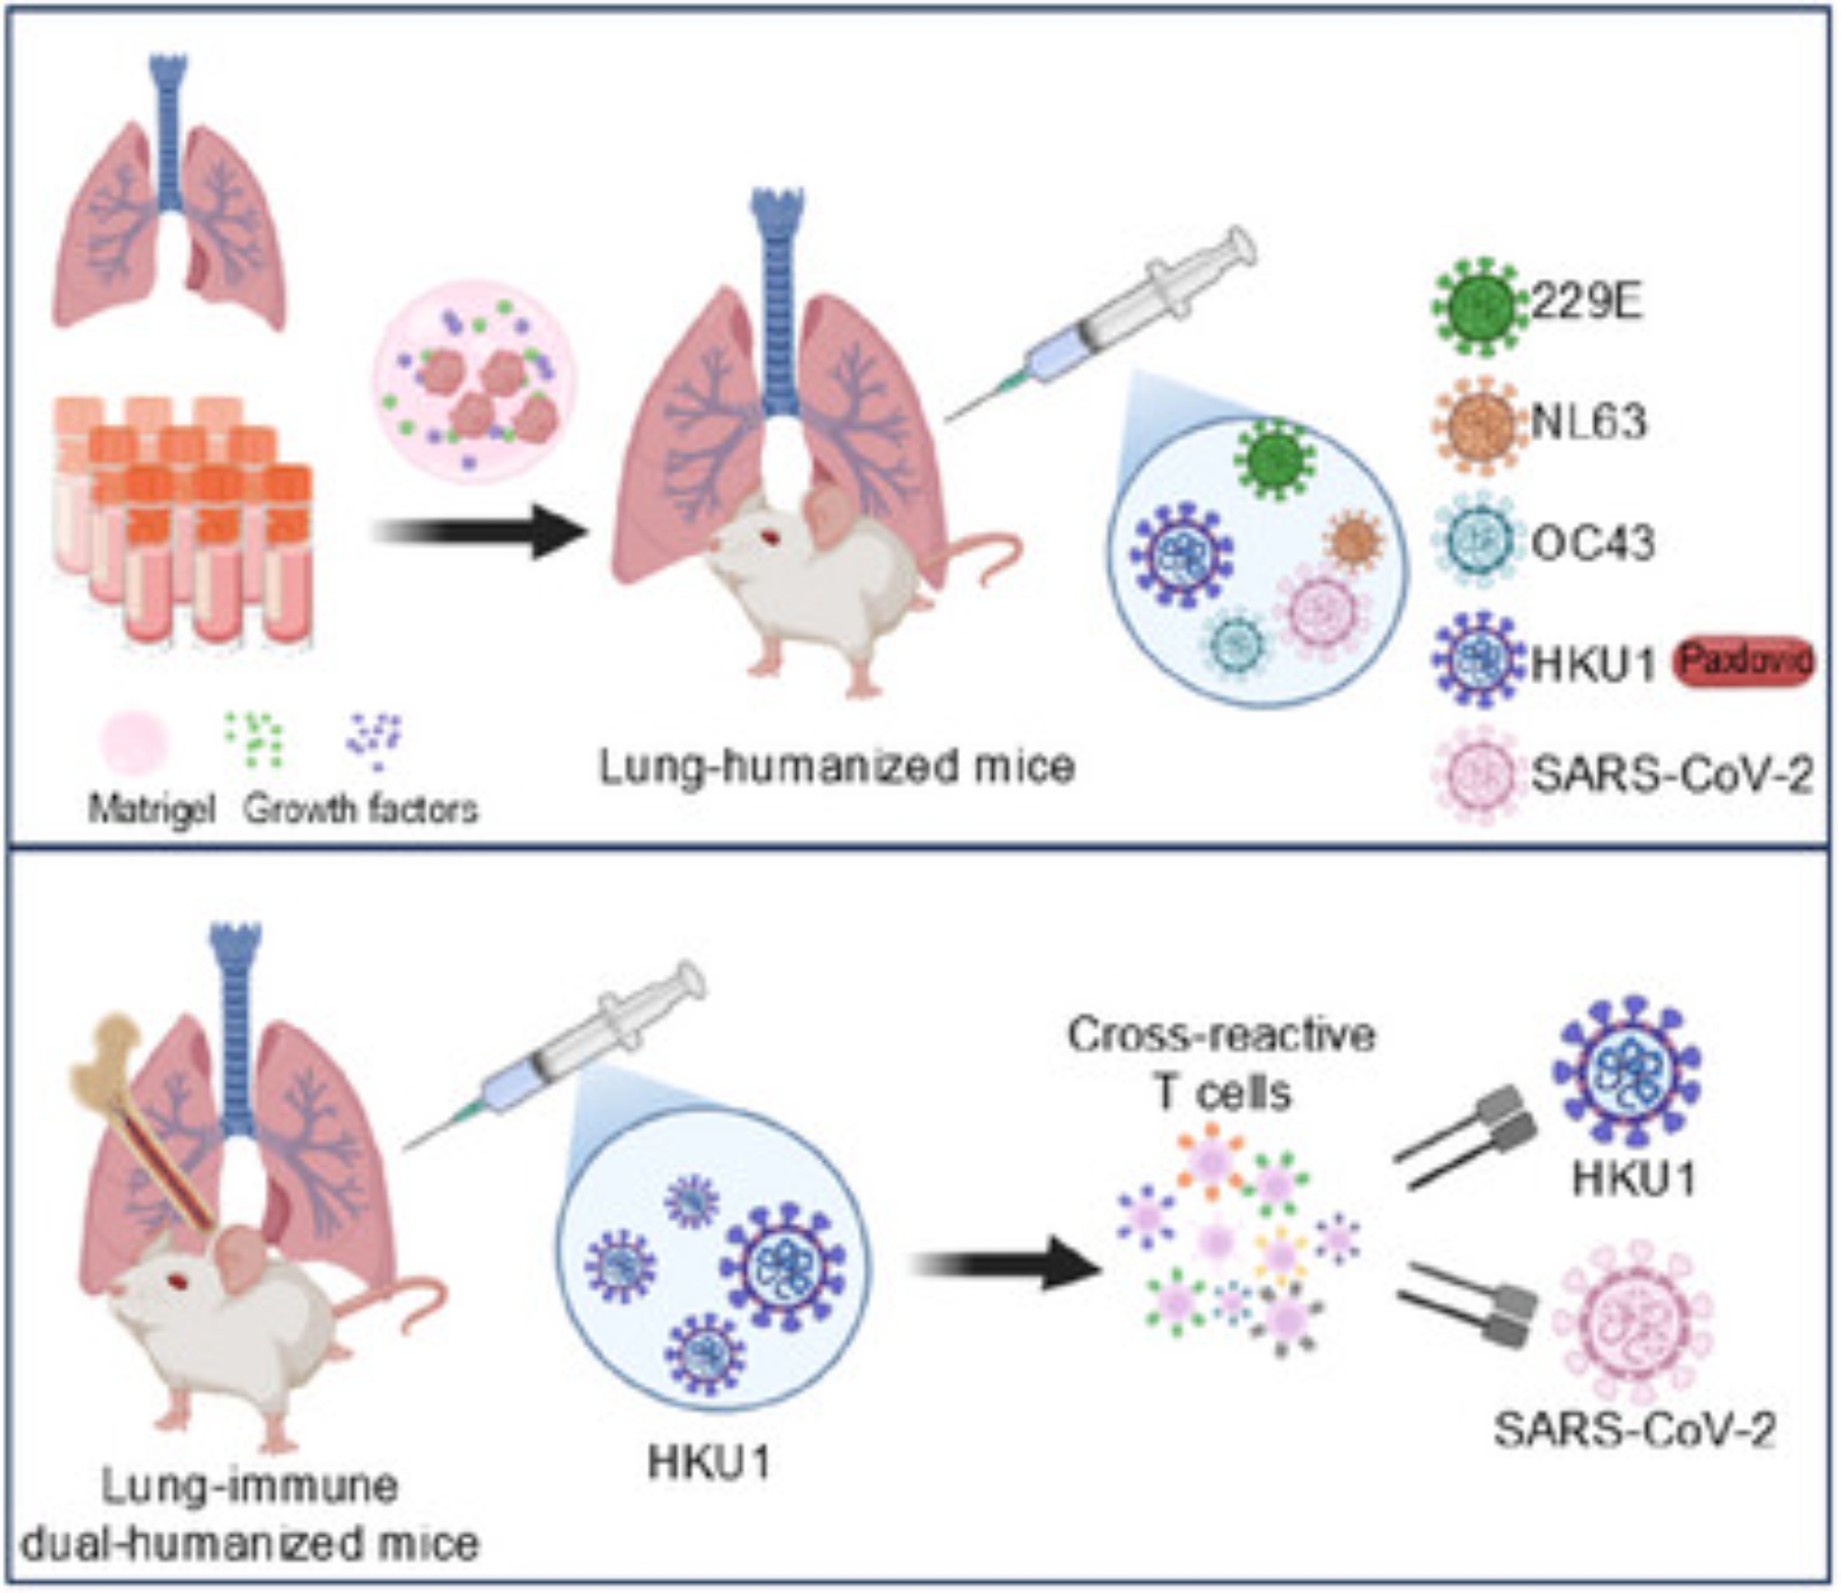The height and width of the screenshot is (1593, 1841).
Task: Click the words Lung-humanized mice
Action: (837, 766)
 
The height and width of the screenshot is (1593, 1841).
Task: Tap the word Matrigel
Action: (152, 809)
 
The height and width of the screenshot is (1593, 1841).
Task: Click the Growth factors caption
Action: (361, 809)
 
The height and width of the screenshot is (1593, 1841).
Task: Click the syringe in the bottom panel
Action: (557, 1054)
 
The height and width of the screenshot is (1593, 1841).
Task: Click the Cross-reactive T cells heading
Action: (1222, 1064)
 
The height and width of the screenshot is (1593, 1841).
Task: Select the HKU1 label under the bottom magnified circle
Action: (709, 1461)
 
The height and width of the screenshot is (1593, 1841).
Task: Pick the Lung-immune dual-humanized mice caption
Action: (250, 1515)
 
